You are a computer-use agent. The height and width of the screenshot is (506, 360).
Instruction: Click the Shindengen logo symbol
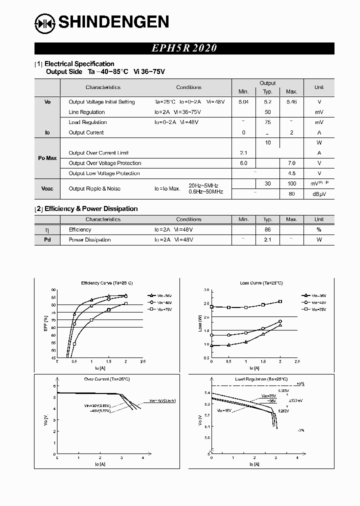45,22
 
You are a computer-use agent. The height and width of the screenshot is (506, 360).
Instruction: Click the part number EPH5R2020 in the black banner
184,48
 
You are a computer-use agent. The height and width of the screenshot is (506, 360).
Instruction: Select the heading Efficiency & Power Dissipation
91,209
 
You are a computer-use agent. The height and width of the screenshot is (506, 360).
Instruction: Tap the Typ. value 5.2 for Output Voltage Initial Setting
267,102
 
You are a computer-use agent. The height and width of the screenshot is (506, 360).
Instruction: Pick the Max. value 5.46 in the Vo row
291,102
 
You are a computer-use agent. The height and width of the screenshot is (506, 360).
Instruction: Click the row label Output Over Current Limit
98,153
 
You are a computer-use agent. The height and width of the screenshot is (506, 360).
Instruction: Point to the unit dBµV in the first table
318,194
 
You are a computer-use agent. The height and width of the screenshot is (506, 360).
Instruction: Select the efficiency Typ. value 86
267,229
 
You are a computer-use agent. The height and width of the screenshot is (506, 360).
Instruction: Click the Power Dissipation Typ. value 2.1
267,240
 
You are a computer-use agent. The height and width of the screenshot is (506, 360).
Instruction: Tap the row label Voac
47,188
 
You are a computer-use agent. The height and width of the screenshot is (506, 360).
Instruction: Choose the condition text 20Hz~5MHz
203,185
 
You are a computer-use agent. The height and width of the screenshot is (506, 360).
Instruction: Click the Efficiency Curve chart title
103,283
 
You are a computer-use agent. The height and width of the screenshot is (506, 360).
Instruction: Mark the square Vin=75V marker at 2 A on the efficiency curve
125,303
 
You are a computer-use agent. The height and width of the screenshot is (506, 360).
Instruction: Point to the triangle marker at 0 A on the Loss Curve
211,345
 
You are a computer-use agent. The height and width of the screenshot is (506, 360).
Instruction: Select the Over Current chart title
107,379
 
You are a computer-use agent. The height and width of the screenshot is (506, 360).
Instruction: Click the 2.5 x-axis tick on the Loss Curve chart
297,361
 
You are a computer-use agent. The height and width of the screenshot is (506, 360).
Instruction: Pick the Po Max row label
47,158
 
